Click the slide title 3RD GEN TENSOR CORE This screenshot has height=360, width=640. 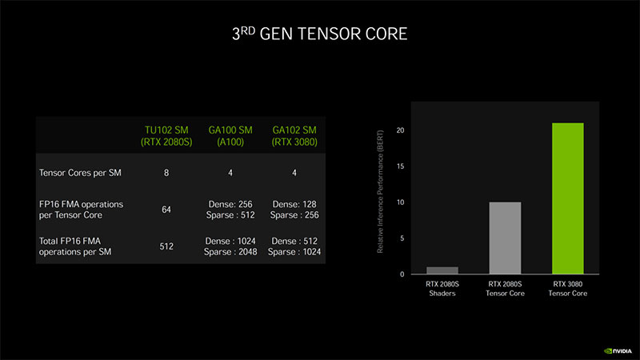pyautogui.click(x=319, y=34)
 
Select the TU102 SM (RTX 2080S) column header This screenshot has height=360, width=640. pyautogui.click(x=166, y=137)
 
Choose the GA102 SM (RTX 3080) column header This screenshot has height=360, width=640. pyautogui.click(x=295, y=137)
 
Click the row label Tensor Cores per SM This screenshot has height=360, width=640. pyautogui.click(x=77, y=172)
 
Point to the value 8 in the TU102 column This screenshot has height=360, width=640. pyautogui.click(x=166, y=172)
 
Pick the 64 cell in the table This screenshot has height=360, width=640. pyautogui.click(x=166, y=209)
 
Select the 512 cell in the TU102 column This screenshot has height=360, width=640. pyautogui.click(x=166, y=246)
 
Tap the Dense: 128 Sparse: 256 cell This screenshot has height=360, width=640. pyautogui.click(x=295, y=209)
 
